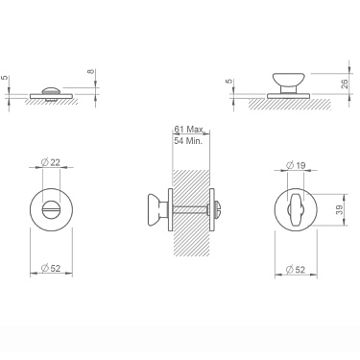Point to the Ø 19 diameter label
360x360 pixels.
(x=298, y=166)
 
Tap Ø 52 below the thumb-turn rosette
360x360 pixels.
(x=297, y=270)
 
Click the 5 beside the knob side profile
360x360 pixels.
(x=228, y=83)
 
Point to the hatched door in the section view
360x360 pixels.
(x=190, y=240)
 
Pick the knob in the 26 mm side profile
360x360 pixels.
(x=285, y=79)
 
